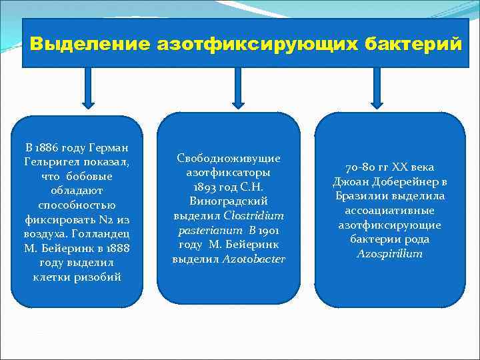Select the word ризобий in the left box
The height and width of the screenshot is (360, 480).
(x=99, y=277)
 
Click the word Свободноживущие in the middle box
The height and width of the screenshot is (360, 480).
(x=229, y=158)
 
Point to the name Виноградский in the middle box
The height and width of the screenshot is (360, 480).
(x=229, y=201)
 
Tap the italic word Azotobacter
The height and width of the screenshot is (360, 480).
(x=254, y=259)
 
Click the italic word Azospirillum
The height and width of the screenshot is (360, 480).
(x=389, y=253)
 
